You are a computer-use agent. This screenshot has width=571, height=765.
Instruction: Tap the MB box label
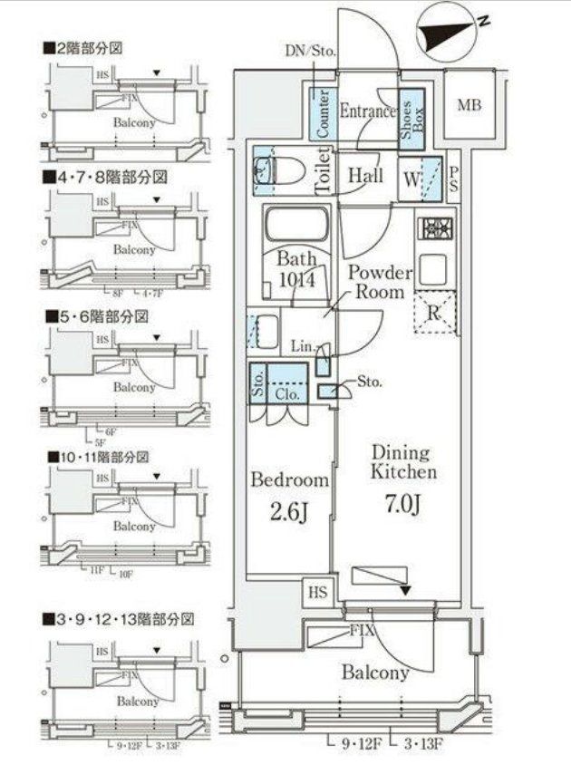pyautogui.click(x=469, y=105)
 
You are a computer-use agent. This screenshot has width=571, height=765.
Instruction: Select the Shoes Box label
pyautogui.click(x=412, y=113)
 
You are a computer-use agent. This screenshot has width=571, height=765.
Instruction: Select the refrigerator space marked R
pyautogui.click(x=433, y=315)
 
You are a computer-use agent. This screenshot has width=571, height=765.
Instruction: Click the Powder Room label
pyautogui.click(x=381, y=282)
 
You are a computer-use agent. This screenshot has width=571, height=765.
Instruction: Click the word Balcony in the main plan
pyautogui.click(x=375, y=673)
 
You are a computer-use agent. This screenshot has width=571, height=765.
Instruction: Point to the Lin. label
pyautogui.click(x=302, y=345)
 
